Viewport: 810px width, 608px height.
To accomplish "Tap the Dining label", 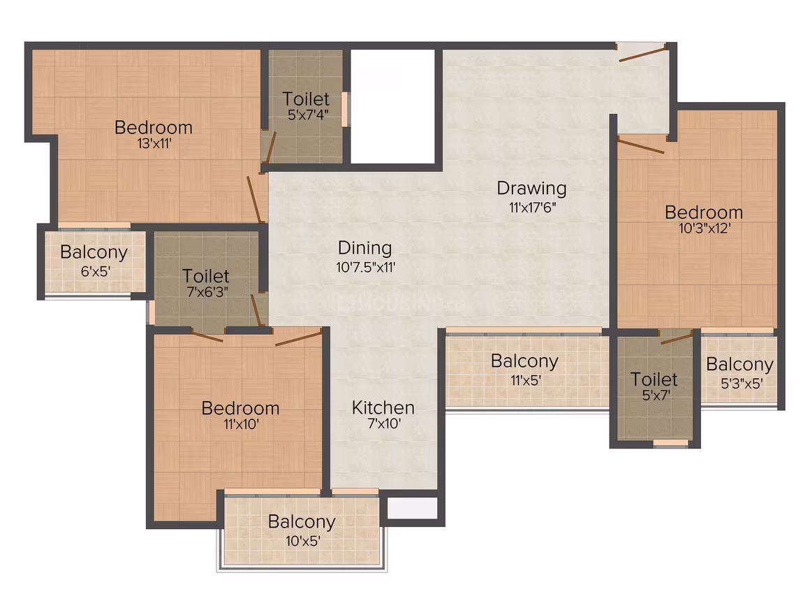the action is [x=364, y=248].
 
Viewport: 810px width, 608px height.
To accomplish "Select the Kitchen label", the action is [x=383, y=407].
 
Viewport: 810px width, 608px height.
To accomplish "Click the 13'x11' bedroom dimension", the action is [x=154, y=144].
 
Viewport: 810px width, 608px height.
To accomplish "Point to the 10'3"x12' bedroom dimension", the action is [x=704, y=228].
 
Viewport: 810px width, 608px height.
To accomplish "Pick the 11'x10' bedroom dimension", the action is [x=241, y=424].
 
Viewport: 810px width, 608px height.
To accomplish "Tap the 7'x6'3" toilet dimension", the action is [x=207, y=291].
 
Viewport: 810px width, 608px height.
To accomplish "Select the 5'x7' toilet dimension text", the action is [x=656, y=396].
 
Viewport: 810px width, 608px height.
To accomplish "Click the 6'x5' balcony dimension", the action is [x=95, y=271].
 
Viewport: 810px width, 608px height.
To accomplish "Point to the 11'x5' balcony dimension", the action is [x=526, y=380].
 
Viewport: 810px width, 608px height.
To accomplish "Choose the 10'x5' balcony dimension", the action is [x=303, y=542].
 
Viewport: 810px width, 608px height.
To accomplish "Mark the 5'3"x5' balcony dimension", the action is [x=742, y=383].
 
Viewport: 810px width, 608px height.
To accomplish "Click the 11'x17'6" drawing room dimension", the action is [x=532, y=208].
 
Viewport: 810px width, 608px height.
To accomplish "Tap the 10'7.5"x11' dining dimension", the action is [x=366, y=267].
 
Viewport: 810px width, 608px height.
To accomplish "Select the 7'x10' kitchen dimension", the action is [x=384, y=424].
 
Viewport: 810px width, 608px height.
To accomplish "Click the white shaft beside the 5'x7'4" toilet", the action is [x=392, y=106].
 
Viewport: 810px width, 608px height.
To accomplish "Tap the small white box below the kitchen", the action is [x=412, y=507].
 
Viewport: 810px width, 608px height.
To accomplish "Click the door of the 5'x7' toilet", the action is [x=677, y=339].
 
